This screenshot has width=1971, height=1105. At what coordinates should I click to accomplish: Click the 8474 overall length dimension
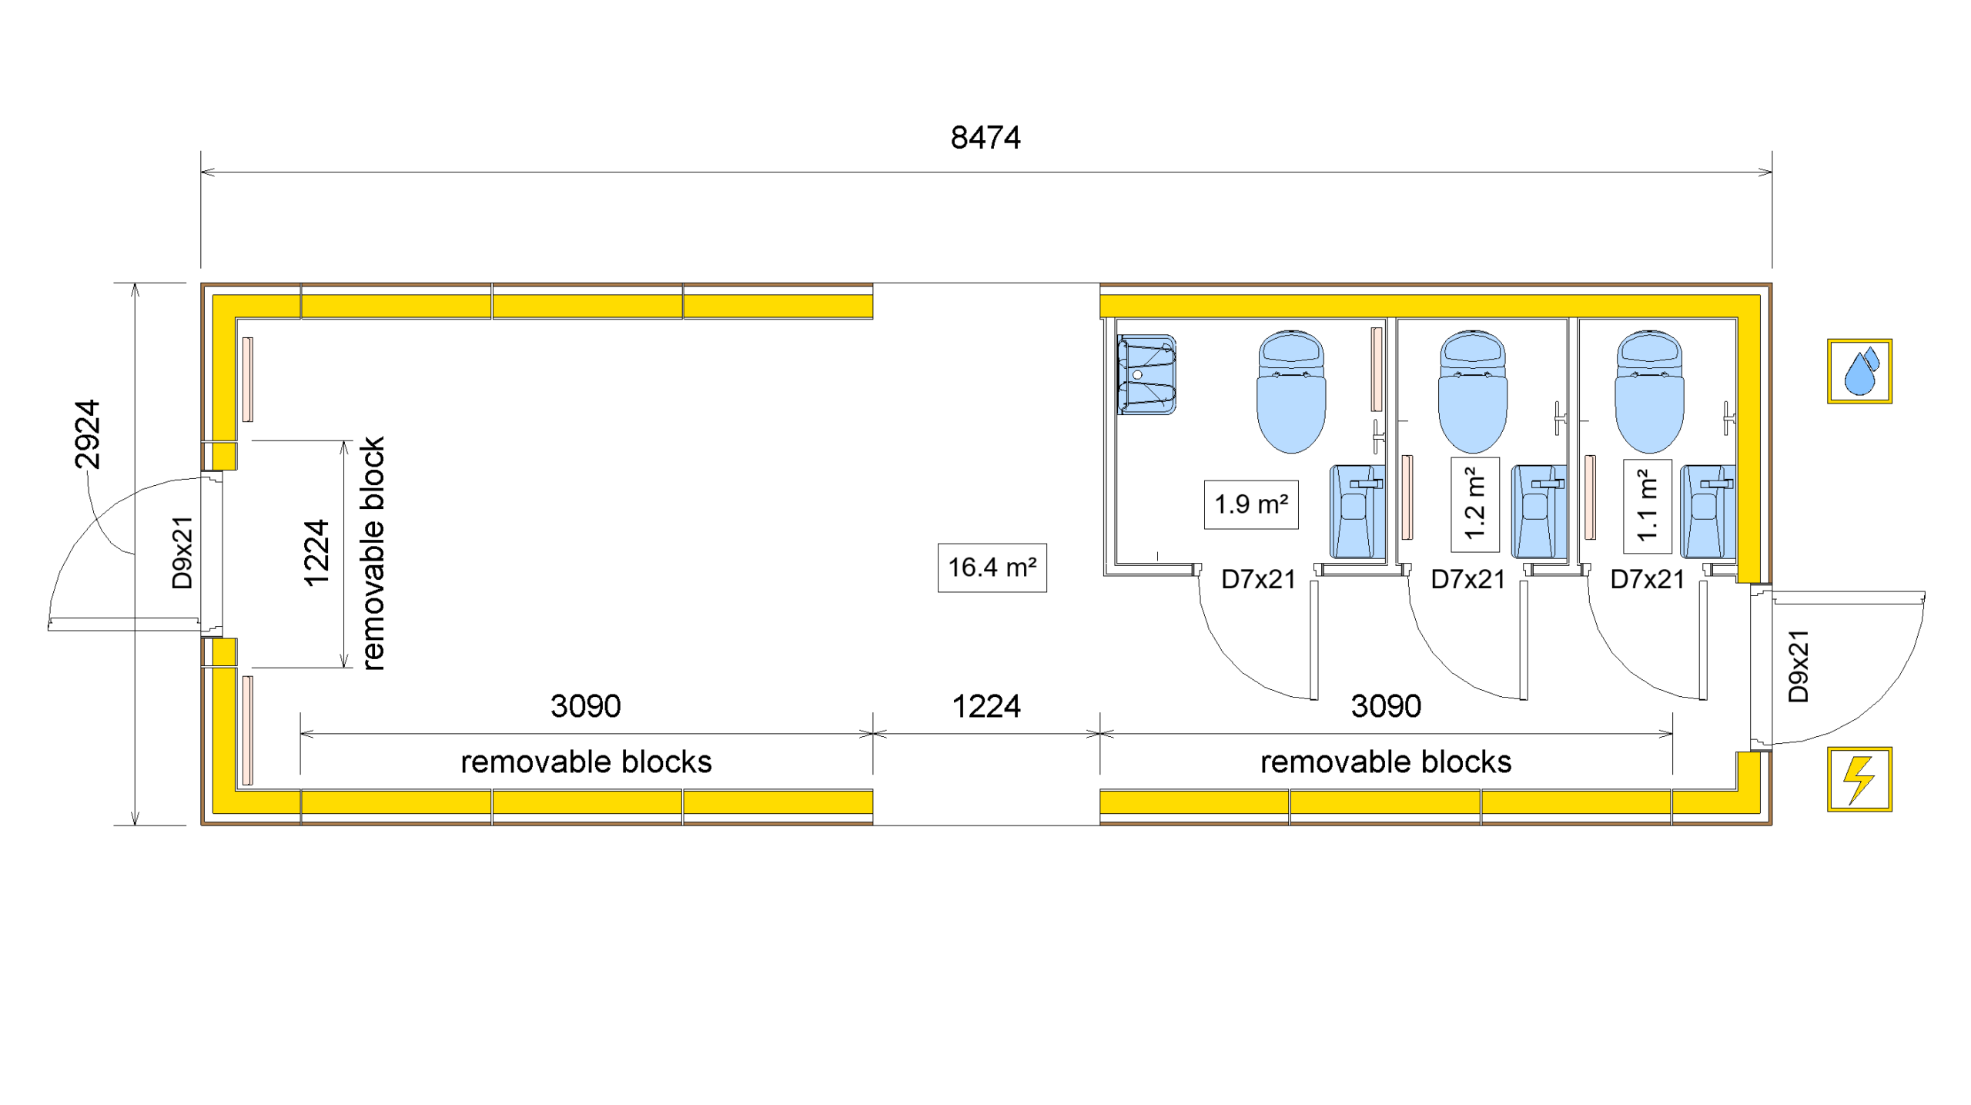(985, 138)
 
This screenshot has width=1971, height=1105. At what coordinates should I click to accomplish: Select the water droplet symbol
(1859, 371)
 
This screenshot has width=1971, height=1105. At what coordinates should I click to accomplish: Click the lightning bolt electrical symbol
(1859, 779)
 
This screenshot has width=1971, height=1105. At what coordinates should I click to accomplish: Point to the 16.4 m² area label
(992, 568)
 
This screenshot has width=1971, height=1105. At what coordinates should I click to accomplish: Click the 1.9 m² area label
(1250, 504)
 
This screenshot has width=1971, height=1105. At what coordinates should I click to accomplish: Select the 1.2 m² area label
(1474, 504)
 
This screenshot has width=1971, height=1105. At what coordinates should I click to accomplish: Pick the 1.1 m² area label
(1647, 506)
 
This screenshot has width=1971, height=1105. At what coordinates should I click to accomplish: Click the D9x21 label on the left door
(182, 553)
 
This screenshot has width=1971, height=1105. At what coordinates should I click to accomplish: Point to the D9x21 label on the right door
(1799, 666)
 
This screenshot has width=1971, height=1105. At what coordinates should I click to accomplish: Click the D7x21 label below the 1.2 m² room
(1467, 579)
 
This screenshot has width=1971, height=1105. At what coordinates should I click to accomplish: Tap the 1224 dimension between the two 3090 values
(985, 706)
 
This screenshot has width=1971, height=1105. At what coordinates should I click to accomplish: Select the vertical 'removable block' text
(373, 553)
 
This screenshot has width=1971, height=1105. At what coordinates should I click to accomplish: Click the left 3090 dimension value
(585, 706)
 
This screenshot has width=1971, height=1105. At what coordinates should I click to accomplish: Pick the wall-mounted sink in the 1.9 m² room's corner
(1146, 375)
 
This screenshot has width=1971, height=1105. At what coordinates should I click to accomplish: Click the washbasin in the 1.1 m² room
(1707, 511)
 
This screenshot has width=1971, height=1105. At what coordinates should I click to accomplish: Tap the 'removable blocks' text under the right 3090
(1385, 762)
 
